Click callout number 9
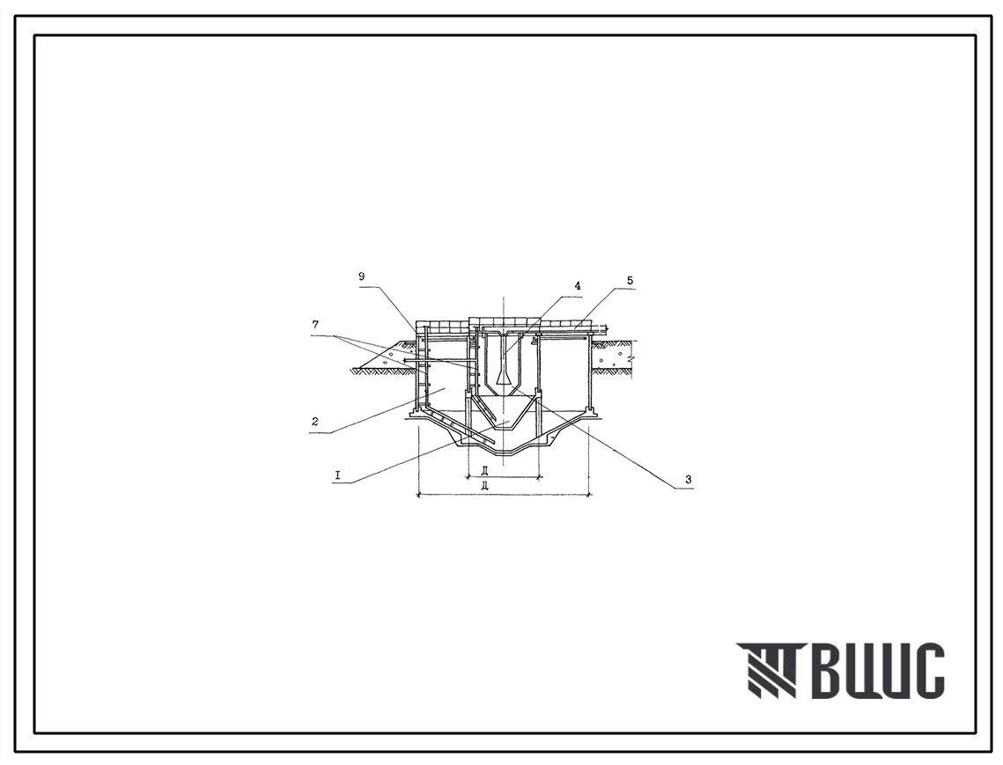[361, 276]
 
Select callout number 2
[315, 422]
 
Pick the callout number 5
[631, 280]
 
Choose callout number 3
[688, 479]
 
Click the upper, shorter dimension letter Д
[487, 471]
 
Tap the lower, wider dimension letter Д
[487, 487]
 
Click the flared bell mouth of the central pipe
[504, 378]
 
